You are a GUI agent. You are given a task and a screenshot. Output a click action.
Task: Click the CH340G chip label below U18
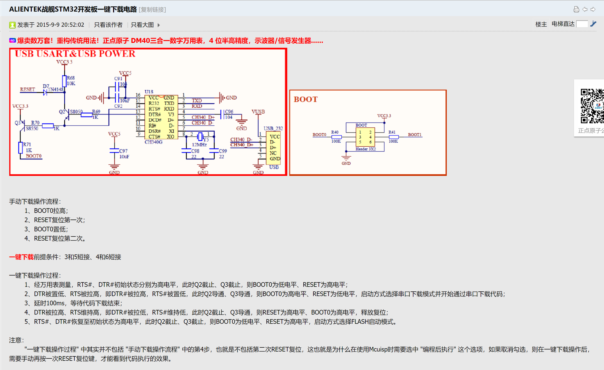[x=153, y=142]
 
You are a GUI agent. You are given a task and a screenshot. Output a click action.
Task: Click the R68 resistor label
[x=71, y=78]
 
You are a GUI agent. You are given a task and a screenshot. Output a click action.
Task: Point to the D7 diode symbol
[x=45, y=92]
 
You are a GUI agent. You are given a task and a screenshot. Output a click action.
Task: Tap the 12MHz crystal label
[x=199, y=145]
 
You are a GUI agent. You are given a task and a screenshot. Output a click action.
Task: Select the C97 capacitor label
[x=123, y=151]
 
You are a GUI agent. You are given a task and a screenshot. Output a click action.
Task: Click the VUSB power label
[x=258, y=112]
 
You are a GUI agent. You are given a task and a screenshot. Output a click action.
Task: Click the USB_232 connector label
[x=273, y=128]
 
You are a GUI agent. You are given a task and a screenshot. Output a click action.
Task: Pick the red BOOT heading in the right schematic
[x=305, y=99]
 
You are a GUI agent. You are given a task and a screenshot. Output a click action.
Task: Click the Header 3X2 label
[x=365, y=149]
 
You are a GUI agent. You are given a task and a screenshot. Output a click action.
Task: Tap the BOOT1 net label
[x=414, y=135]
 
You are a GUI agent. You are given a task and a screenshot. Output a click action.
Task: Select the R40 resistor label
[x=335, y=132]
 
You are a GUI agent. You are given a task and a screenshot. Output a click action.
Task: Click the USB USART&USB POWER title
[x=75, y=54]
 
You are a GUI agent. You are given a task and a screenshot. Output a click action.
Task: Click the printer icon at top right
[x=576, y=10]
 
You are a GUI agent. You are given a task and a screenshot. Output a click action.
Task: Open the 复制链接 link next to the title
[x=152, y=10]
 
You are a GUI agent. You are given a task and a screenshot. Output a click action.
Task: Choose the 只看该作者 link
[x=108, y=25]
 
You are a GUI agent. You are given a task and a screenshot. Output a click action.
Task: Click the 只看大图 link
[x=142, y=25]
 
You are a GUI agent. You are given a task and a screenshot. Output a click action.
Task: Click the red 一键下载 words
[x=21, y=257]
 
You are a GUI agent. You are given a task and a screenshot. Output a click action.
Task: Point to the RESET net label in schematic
[x=27, y=89]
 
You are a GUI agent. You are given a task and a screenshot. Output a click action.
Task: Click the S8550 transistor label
[x=32, y=128]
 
